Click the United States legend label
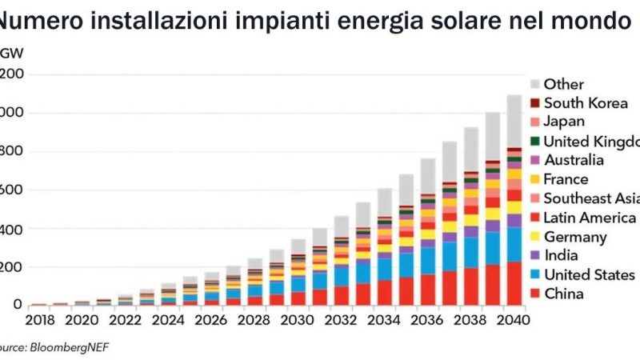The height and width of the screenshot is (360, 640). (x=589, y=275)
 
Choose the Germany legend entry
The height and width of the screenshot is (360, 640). (x=574, y=237)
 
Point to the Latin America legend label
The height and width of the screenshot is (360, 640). (x=590, y=218)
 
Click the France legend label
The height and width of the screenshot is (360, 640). (x=566, y=179)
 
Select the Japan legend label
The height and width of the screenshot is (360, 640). (x=564, y=122)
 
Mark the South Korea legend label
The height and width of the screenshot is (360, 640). (x=586, y=102)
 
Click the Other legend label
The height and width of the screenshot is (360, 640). (x=563, y=83)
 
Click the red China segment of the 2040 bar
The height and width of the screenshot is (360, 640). (x=514, y=283)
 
